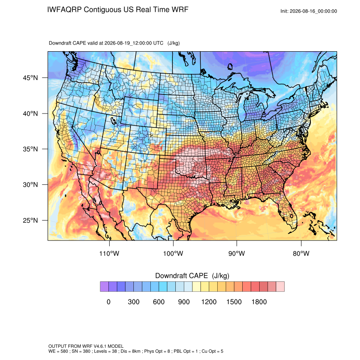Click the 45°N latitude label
[x=30, y=78]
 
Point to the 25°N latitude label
[x=30, y=220]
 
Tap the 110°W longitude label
[x=109, y=253]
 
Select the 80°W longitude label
[x=301, y=253]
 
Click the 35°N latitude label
[x=30, y=149]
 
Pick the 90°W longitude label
[x=236, y=253]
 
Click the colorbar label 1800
[x=259, y=302]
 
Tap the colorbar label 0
[x=108, y=302]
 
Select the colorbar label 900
[x=184, y=302]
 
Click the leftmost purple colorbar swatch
[x=104, y=287]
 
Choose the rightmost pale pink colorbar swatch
[x=280, y=287]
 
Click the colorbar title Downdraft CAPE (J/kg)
[x=192, y=276]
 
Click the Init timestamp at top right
[x=309, y=11]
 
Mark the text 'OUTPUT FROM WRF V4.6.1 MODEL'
[x=86, y=346]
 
